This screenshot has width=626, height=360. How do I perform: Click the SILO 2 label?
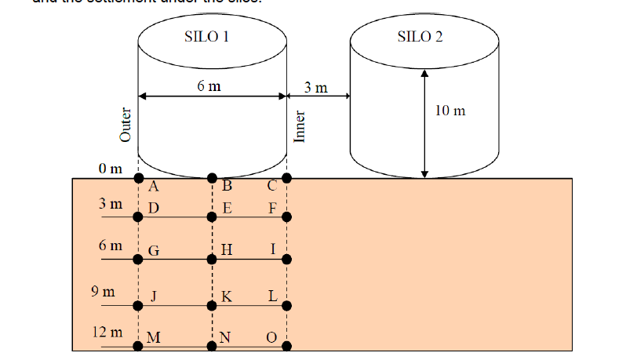click(420, 36)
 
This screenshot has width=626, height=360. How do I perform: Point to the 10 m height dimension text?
click(449, 111)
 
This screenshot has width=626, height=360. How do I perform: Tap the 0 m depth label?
click(111, 168)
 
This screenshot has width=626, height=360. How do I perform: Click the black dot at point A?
click(138, 177)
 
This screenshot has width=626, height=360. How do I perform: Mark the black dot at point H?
click(212, 259)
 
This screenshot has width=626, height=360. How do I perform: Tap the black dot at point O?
click(286, 345)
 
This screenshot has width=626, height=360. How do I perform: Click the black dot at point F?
click(286, 217)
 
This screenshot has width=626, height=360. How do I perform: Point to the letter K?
click(227, 296)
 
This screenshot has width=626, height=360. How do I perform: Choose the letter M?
click(154, 338)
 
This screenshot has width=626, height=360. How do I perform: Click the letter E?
click(227, 209)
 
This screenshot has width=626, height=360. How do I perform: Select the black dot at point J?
click(138, 304)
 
